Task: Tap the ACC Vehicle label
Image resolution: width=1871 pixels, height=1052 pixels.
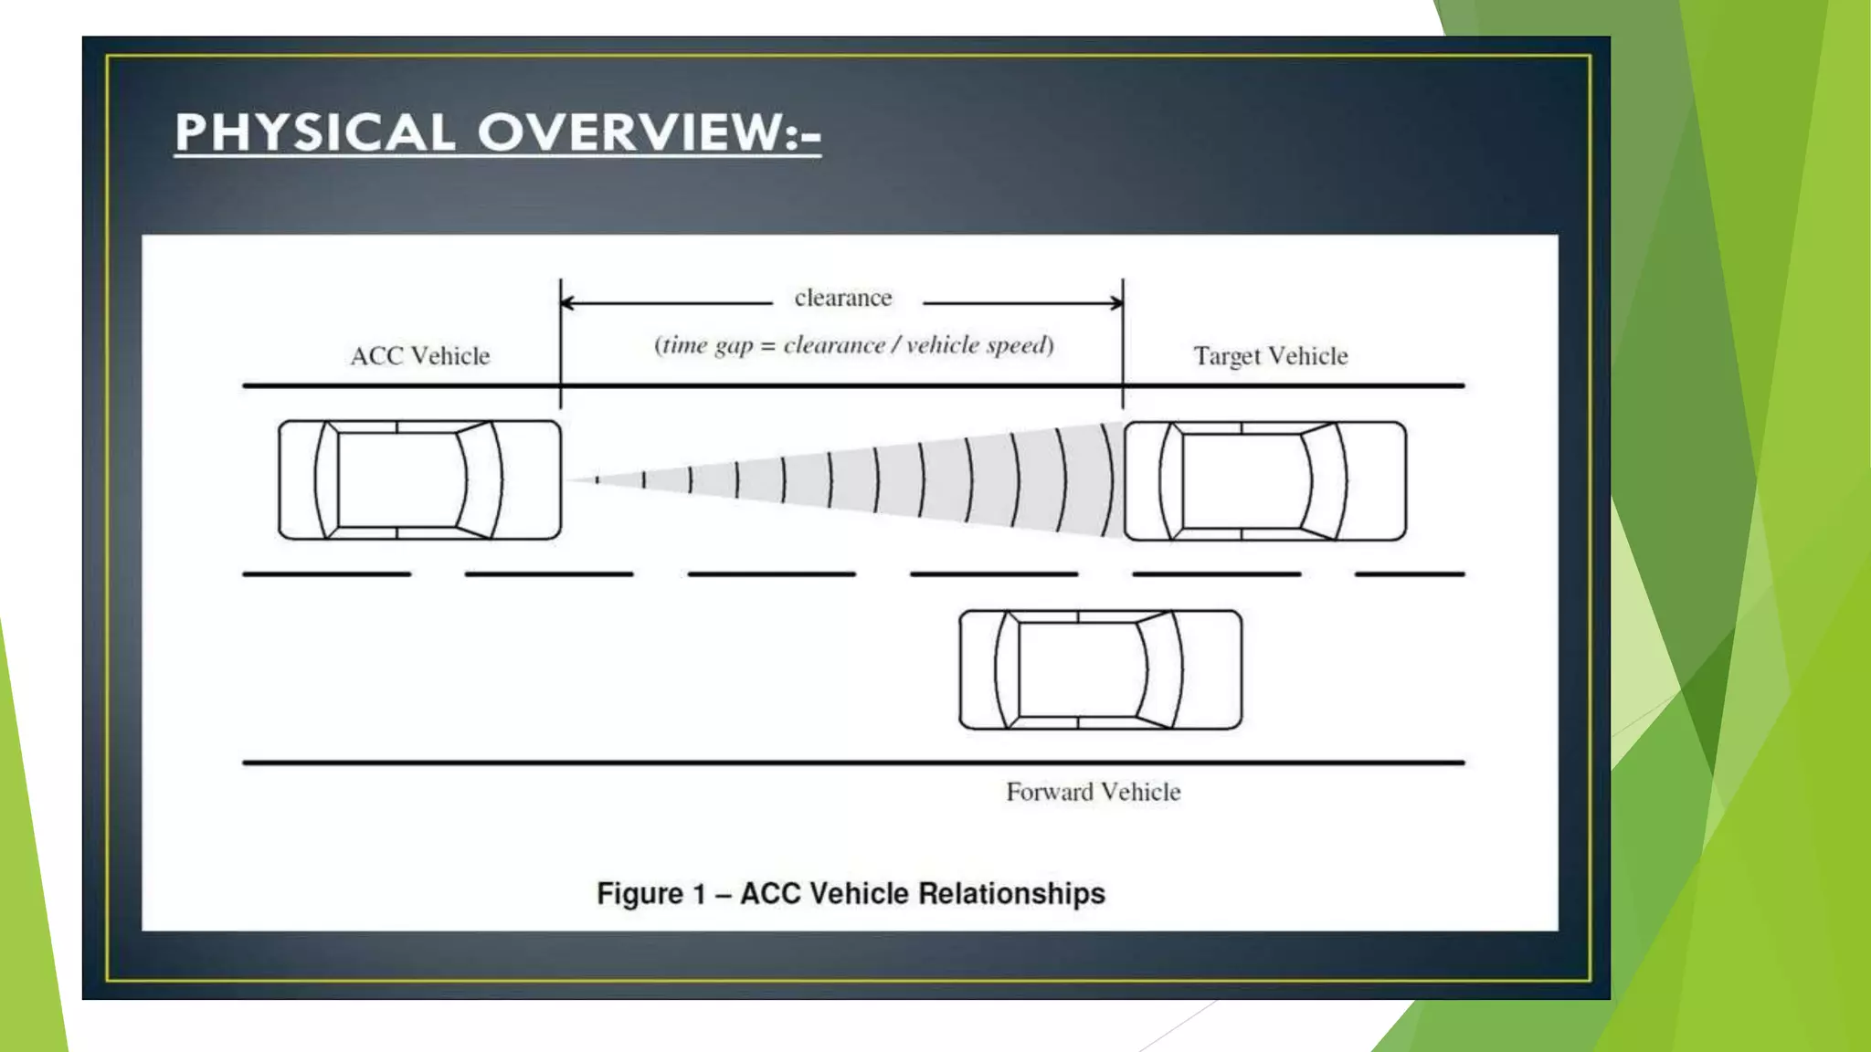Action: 420,355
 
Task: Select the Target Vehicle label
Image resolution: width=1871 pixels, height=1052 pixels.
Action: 1270,355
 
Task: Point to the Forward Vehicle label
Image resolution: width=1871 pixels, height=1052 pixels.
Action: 1093,792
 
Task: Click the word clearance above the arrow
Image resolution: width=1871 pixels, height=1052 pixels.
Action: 842,298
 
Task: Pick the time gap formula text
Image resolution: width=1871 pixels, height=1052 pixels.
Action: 853,345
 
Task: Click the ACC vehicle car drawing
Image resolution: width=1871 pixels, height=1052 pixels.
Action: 419,480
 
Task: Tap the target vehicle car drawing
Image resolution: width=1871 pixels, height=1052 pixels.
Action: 1264,481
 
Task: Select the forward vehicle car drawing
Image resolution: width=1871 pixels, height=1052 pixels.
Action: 1100,670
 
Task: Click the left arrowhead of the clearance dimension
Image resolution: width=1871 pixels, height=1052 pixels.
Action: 566,302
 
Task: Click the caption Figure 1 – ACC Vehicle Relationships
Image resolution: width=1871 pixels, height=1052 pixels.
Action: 851,893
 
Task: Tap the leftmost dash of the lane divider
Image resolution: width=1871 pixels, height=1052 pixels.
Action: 326,574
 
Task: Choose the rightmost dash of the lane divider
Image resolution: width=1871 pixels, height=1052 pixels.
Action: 1410,574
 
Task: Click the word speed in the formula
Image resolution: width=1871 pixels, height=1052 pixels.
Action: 1020,345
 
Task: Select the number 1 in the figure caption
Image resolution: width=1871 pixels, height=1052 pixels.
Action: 699,893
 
